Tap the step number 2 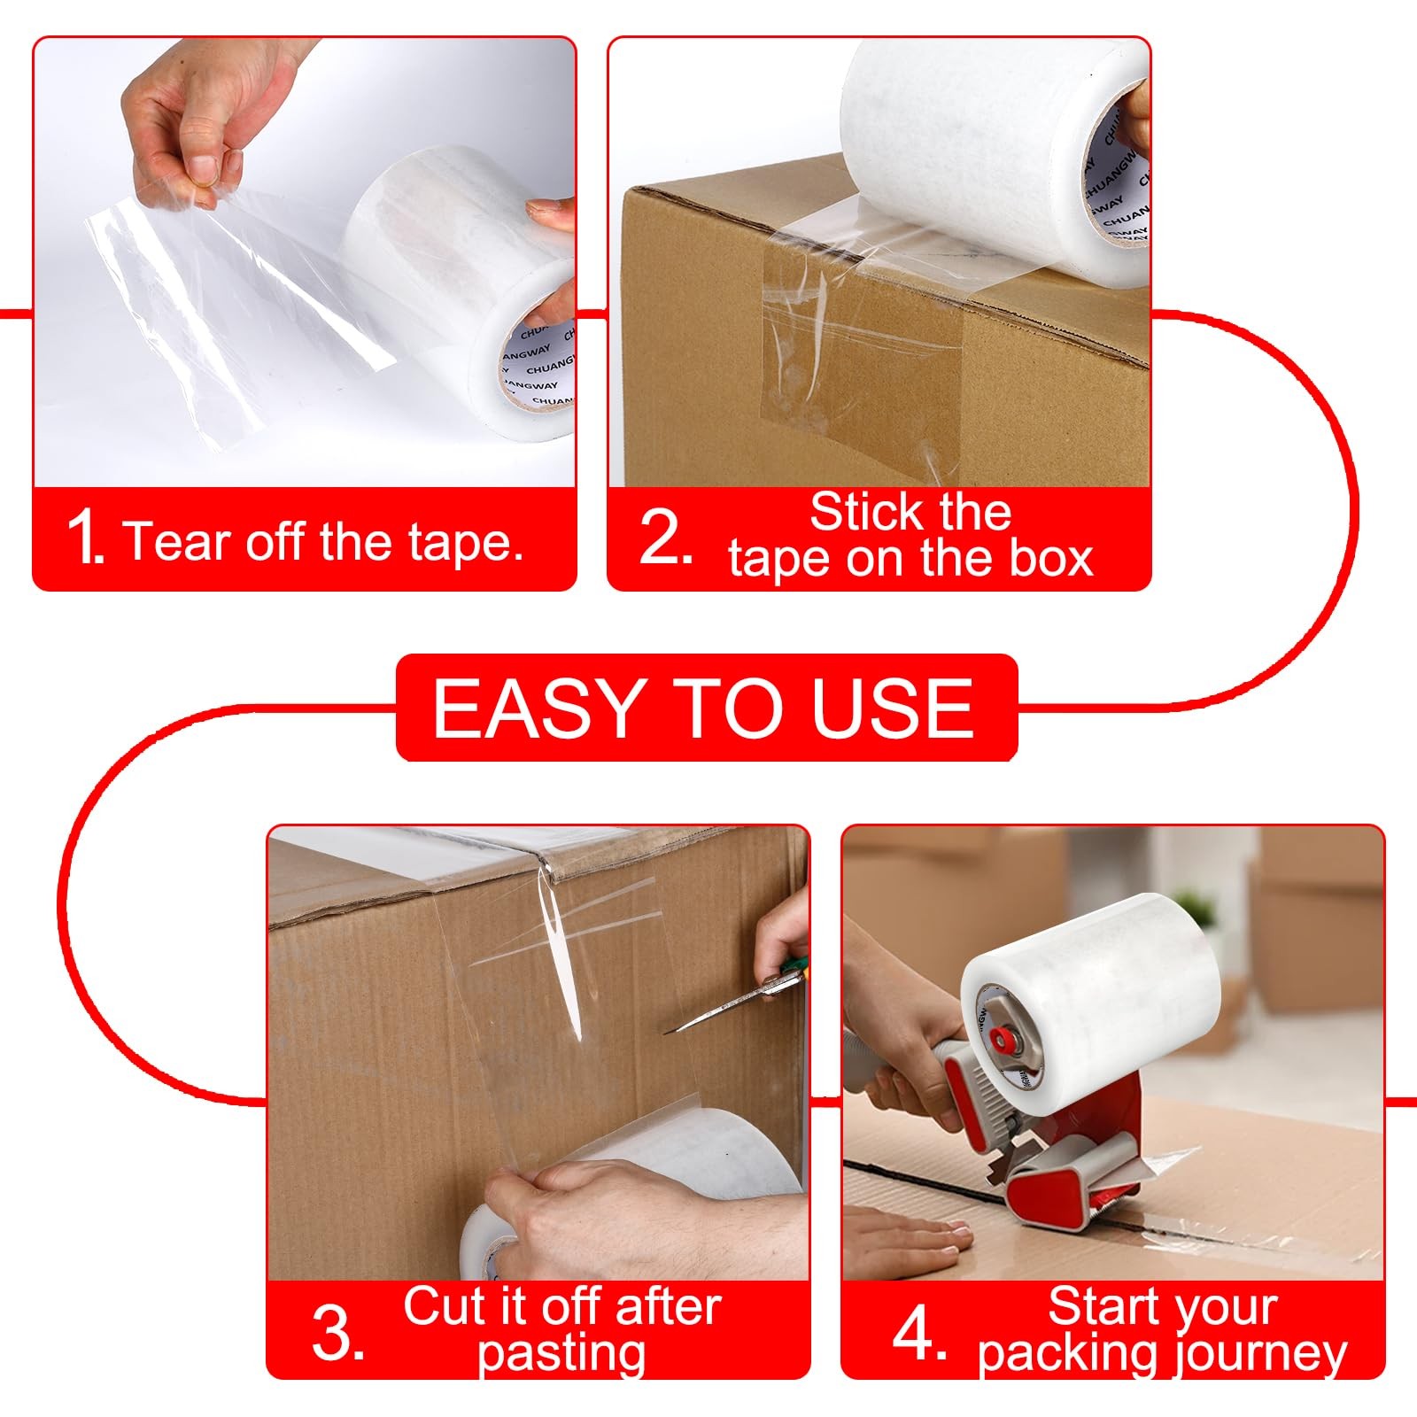click(x=665, y=537)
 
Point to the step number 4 click(x=920, y=1333)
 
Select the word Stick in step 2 click(x=864, y=512)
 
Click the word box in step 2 click(x=1055, y=559)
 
